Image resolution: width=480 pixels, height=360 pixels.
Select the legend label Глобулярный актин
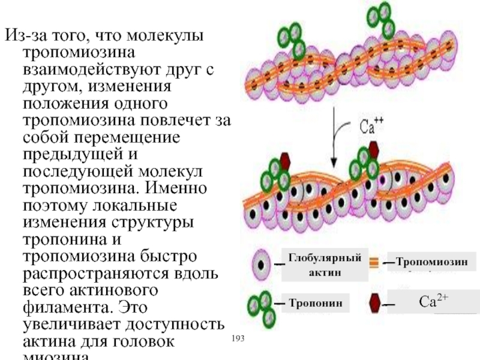(x=325, y=265)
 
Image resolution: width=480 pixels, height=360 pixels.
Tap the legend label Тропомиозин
(x=431, y=262)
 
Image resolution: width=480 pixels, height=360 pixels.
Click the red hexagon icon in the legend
(x=373, y=303)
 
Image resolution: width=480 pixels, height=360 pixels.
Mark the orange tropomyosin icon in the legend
(x=373, y=262)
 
